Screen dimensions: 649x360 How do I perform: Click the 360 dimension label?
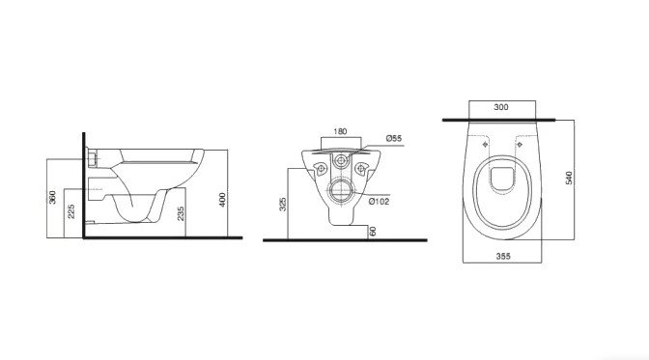point(52,198)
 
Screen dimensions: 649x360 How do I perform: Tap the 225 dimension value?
point(71,211)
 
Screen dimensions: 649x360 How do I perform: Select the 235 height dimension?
point(181,213)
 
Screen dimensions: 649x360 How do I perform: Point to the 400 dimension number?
point(222,200)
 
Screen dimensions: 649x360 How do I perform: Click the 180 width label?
point(340,131)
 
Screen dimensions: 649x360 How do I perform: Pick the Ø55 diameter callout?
point(394,138)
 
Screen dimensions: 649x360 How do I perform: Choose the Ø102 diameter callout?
point(379,202)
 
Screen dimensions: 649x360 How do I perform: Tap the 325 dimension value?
point(283,205)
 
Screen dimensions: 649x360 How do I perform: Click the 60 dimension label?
point(373,232)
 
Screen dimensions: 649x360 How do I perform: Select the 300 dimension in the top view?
point(501,107)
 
